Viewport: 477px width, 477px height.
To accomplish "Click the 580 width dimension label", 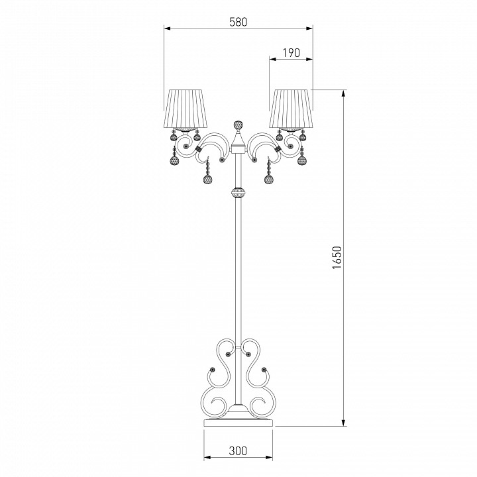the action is click(238, 22).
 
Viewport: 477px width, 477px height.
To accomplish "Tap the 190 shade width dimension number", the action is click(291, 53).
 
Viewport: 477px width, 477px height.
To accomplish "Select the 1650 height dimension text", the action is click(337, 257).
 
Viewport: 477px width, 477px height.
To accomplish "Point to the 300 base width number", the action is click(238, 450).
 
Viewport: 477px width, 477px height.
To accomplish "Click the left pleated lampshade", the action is click(185, 108).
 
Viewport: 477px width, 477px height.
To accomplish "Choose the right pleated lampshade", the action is click(291, 108).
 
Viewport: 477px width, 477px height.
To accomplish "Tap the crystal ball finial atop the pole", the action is click(238, 125).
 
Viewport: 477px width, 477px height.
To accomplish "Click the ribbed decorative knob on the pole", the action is click(238, 192).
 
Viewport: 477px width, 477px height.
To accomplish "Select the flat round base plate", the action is click(238, 422).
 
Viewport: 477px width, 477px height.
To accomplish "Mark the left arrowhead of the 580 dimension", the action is click(167, 28).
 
